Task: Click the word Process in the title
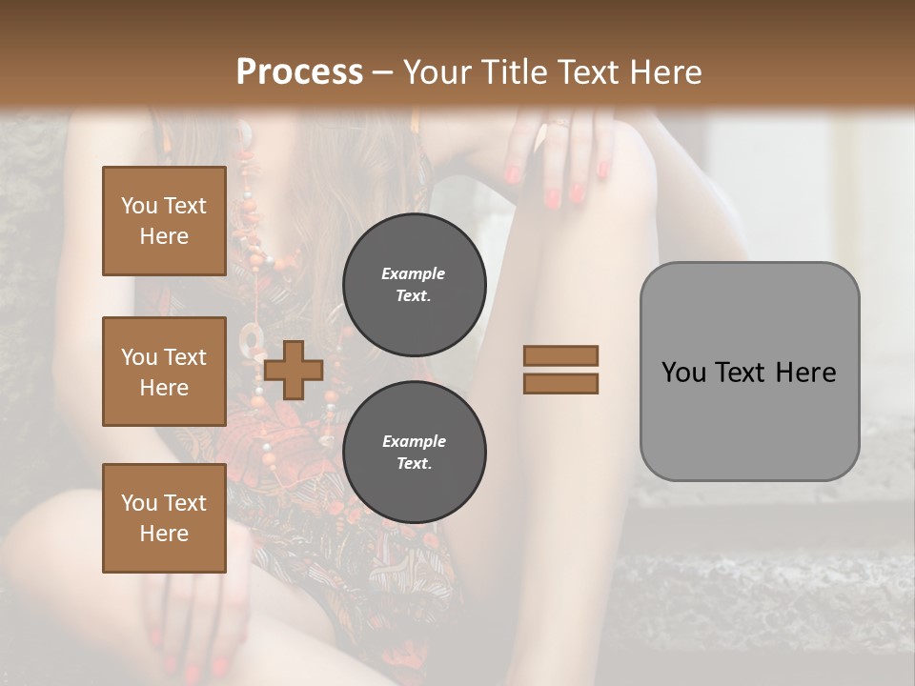299,72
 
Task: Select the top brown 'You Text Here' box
164,221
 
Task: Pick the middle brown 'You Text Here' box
164,372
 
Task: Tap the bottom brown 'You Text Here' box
164,517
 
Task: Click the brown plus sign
294,370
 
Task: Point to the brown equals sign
560,370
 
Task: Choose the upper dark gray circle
414,284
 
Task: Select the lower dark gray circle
414,452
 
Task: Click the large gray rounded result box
749,372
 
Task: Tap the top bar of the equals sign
560,356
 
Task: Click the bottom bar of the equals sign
560,383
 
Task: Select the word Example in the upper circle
414,273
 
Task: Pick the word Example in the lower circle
414,441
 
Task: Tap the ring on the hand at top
561,122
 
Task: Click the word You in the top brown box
138,206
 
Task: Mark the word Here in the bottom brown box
164,533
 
